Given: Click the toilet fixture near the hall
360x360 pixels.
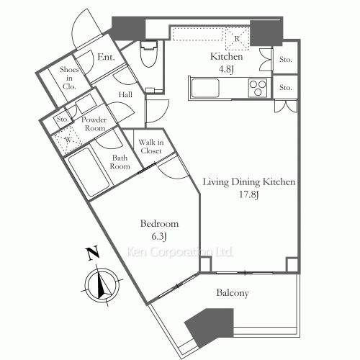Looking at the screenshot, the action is [x=149, y=54].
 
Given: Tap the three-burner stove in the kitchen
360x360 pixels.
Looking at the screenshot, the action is [x=258, y=88].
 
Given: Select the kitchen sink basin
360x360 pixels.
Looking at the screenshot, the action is [x=205, y=88].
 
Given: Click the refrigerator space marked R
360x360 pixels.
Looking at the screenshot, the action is [x=238, y=38].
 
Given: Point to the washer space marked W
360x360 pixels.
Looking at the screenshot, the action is [x=68, y=139].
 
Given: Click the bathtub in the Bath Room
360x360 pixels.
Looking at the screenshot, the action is [x=89, y=171].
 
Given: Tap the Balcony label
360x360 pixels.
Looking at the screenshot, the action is [x=233, y=293].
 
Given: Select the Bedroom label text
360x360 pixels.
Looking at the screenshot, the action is [x=159, y=224].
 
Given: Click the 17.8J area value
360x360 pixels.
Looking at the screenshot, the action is [x=249, y=194].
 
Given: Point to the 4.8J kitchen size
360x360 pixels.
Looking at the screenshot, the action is [x=226, y=69].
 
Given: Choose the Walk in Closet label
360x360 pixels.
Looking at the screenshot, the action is [x=151, y=146].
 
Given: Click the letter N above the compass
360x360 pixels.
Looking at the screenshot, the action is [x=93, y=253].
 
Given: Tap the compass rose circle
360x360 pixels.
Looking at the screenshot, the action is [x=103, y=285].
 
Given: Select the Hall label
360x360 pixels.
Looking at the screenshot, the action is [x=125, y=95].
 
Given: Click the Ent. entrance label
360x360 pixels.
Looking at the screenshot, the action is [x=106, y=57].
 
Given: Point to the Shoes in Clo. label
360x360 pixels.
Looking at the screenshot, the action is [x=69, y=78].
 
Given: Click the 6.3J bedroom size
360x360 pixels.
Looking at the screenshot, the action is [x=159, y=237].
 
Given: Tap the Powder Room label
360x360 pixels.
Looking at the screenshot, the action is [x=94, y=124].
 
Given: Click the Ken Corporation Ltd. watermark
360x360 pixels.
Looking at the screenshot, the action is [x=179, y=252].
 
